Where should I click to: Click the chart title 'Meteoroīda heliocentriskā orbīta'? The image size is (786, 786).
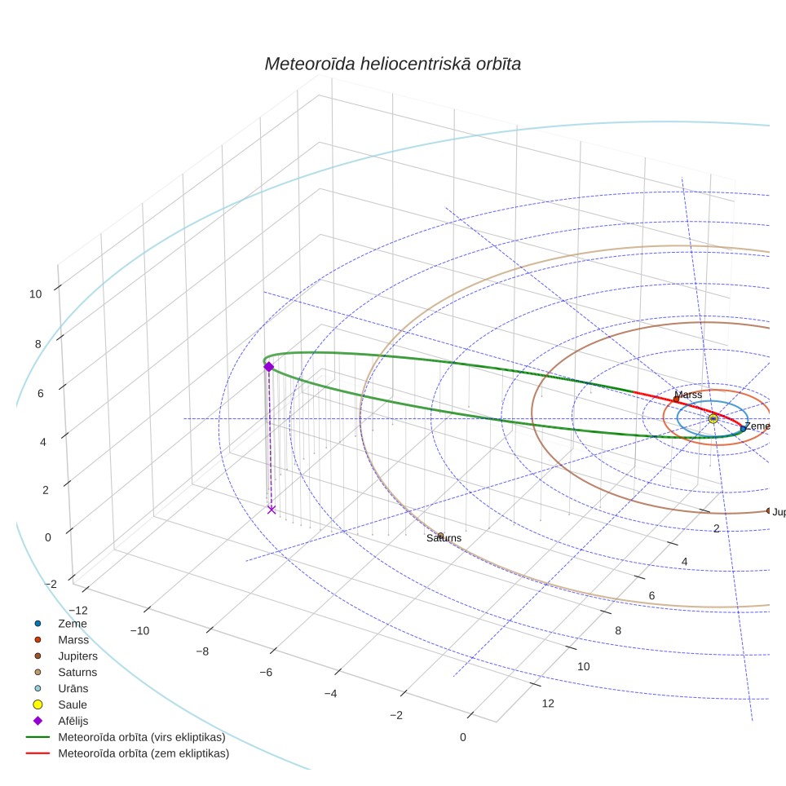(392, 64)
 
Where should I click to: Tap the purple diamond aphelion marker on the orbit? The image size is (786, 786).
(269, 366)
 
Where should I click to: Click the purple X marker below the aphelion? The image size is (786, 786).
(272, 510)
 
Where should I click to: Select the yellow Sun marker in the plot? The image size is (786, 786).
(713, 418)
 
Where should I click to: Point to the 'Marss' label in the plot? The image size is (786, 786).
(688, 395)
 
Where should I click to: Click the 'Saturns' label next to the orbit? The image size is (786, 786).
(444, 538)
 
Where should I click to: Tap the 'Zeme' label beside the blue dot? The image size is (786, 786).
(757, 426)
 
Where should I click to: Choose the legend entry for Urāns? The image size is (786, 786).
(73, 688)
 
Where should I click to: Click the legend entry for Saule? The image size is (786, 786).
(73, 704)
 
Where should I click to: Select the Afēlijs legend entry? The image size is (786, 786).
(73, 721)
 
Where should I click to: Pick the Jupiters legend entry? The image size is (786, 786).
(77, 656)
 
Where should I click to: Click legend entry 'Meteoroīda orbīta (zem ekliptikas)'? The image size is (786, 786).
(144, 753)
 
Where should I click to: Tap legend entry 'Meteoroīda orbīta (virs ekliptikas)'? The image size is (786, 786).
(142, 737)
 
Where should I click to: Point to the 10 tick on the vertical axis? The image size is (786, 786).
(35, 294)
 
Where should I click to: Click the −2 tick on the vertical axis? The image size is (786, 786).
(51, 584)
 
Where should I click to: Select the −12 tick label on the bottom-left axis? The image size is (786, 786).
(77, 611)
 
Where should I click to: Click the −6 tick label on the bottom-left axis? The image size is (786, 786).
(266, 672)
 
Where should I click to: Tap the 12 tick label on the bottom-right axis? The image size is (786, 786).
(548, 704)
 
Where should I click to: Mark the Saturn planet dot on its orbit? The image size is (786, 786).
(440, 536)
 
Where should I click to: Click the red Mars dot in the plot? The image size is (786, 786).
(676, 399)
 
